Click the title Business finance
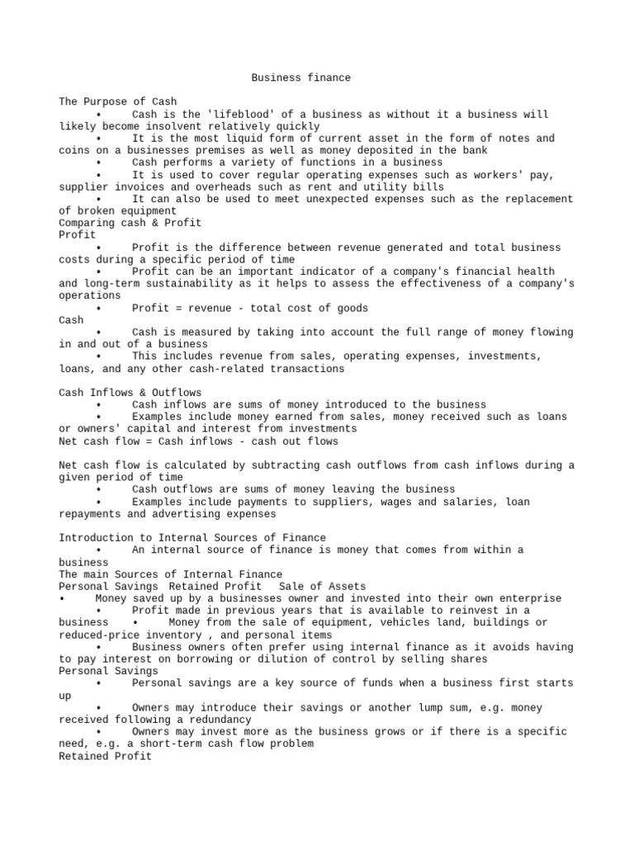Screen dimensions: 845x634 tap(300, 78)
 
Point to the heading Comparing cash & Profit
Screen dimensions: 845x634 tap(130, 223)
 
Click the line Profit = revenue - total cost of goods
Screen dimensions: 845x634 tap(249, 308)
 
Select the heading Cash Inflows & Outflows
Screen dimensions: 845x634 tap(130, 392)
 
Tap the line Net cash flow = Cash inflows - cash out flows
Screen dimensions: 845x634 tap(198, 441)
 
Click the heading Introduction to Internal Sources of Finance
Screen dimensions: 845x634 tap(192, 537)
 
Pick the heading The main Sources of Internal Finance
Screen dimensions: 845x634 tap(170, 574)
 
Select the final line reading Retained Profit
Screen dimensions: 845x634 tap(105, 756)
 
